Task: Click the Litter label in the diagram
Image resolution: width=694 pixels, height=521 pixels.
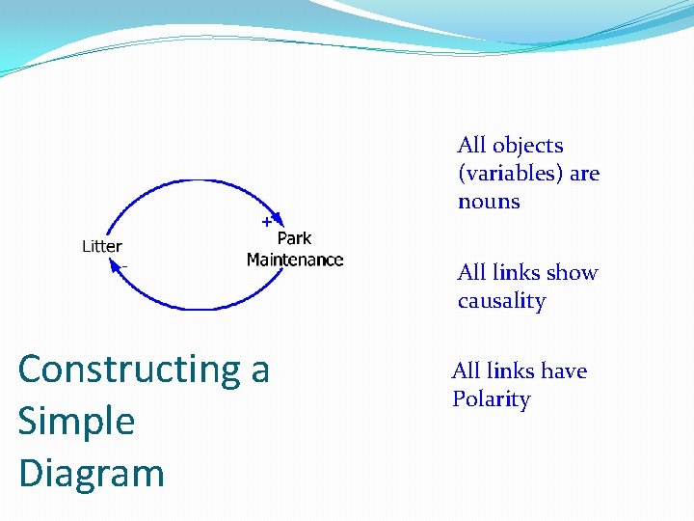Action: (x=101, y=246)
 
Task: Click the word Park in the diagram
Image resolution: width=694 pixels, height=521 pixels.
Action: (x=294, y=238)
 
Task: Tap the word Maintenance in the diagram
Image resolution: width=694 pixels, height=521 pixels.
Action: (x=295, y=260)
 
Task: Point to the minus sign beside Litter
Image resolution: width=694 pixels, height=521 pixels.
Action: (x=124, y=265)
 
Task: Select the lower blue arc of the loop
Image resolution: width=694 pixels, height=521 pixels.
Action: (x=193, y=307)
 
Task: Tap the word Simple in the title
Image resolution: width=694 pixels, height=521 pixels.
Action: (x=76, y=422)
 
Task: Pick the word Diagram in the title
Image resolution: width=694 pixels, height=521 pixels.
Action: (x=92, y=474)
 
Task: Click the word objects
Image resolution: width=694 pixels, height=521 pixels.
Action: (x=527, y=146)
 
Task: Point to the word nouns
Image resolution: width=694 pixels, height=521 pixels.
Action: (x=489, y=202)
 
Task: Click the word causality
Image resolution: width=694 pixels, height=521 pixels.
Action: (x=501, y=301)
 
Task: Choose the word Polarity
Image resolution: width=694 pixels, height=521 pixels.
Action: (x=491, y=399)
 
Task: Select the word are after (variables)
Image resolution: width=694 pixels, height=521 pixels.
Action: (x=584, y=174)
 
